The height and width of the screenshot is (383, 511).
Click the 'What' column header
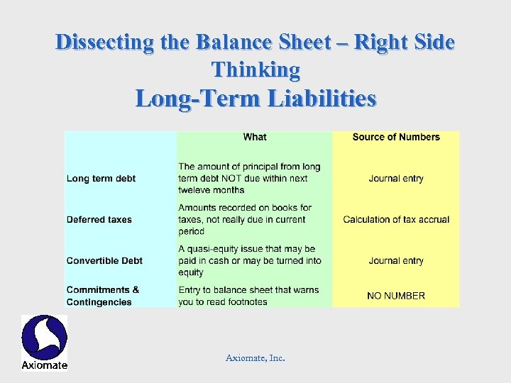(255, 137)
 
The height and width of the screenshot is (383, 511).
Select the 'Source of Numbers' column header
(396, 137)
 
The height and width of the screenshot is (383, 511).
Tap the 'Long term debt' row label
(101, 178)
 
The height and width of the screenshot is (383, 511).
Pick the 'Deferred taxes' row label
(99, 219)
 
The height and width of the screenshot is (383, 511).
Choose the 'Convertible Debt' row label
(104, 260)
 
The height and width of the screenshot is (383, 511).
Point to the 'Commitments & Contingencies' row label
(103, 296)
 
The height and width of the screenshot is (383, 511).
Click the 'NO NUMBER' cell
(396, 296)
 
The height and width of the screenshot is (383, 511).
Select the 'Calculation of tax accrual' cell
(396, 219)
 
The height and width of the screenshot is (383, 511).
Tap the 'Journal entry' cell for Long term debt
(396, 178)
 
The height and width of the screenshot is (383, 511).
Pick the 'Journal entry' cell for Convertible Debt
(396, 260)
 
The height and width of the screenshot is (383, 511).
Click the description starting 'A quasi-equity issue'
(250, 260)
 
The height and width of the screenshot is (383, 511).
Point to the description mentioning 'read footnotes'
(248, 296)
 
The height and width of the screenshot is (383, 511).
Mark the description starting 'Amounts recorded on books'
(245, 219)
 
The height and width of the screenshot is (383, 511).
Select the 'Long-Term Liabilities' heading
(255, 98)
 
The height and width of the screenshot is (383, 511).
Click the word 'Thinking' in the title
(255, 70)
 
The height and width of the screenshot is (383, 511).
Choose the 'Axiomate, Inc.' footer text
(255, 358)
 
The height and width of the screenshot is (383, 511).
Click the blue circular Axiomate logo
(44, 336)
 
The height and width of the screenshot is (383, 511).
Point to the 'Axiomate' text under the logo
(44, 365)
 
